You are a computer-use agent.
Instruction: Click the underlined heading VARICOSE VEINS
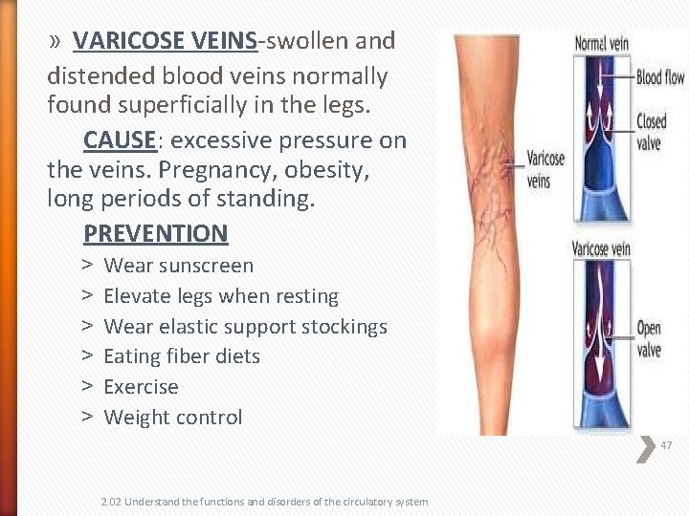pos(165,41)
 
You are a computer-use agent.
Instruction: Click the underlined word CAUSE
pos(120,140)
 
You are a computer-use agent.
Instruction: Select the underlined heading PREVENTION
pos(155,233)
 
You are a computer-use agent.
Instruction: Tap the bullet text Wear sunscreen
pos(178,266)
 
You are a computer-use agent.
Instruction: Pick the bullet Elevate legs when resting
pos(220,296)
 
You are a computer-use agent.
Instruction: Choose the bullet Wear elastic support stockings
pos(245,327)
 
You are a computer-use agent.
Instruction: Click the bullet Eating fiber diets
pos(181,356)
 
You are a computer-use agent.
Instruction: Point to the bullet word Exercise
pos(141,387)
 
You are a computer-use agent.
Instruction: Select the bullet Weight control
pos(172,418)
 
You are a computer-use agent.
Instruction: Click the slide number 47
pos(666,445)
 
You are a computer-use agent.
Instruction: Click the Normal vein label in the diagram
pos(602,42)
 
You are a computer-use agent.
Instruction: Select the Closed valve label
pos(651,132)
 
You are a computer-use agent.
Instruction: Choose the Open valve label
pos(649,339)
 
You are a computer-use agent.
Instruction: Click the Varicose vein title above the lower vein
pos(601,249)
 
